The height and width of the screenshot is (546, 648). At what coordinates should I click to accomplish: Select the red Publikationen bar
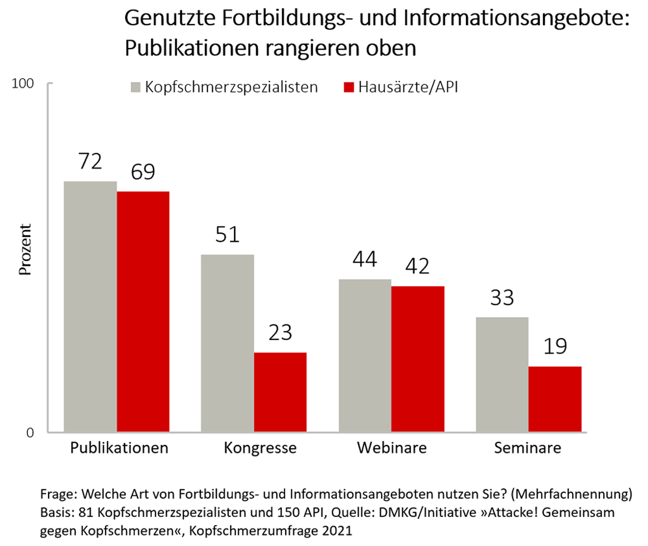click(143, 312)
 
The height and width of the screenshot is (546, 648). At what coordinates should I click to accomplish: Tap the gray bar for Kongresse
click(227, 343)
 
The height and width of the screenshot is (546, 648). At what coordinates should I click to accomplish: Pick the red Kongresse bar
click(280, 393)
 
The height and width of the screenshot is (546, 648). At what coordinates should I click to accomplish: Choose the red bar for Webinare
click(418, 359)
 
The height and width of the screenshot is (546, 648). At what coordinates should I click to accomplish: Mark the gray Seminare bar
click(502, 375)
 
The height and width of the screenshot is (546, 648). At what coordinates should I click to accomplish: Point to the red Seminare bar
click(555, 399)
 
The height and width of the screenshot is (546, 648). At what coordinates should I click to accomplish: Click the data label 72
click(90, 162)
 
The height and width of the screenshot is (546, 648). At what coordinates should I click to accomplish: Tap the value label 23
click(281, 333)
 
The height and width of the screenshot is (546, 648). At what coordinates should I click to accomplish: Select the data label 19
click(555, 347)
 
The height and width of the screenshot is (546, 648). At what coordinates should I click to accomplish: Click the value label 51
click(227, 235)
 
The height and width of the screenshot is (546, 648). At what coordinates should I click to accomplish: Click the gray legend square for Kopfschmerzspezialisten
click(136, 87)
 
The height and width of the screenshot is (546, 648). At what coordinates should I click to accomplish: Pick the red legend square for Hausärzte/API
click(349, 87)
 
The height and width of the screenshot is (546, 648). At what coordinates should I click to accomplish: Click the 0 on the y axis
click(31, 433)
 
